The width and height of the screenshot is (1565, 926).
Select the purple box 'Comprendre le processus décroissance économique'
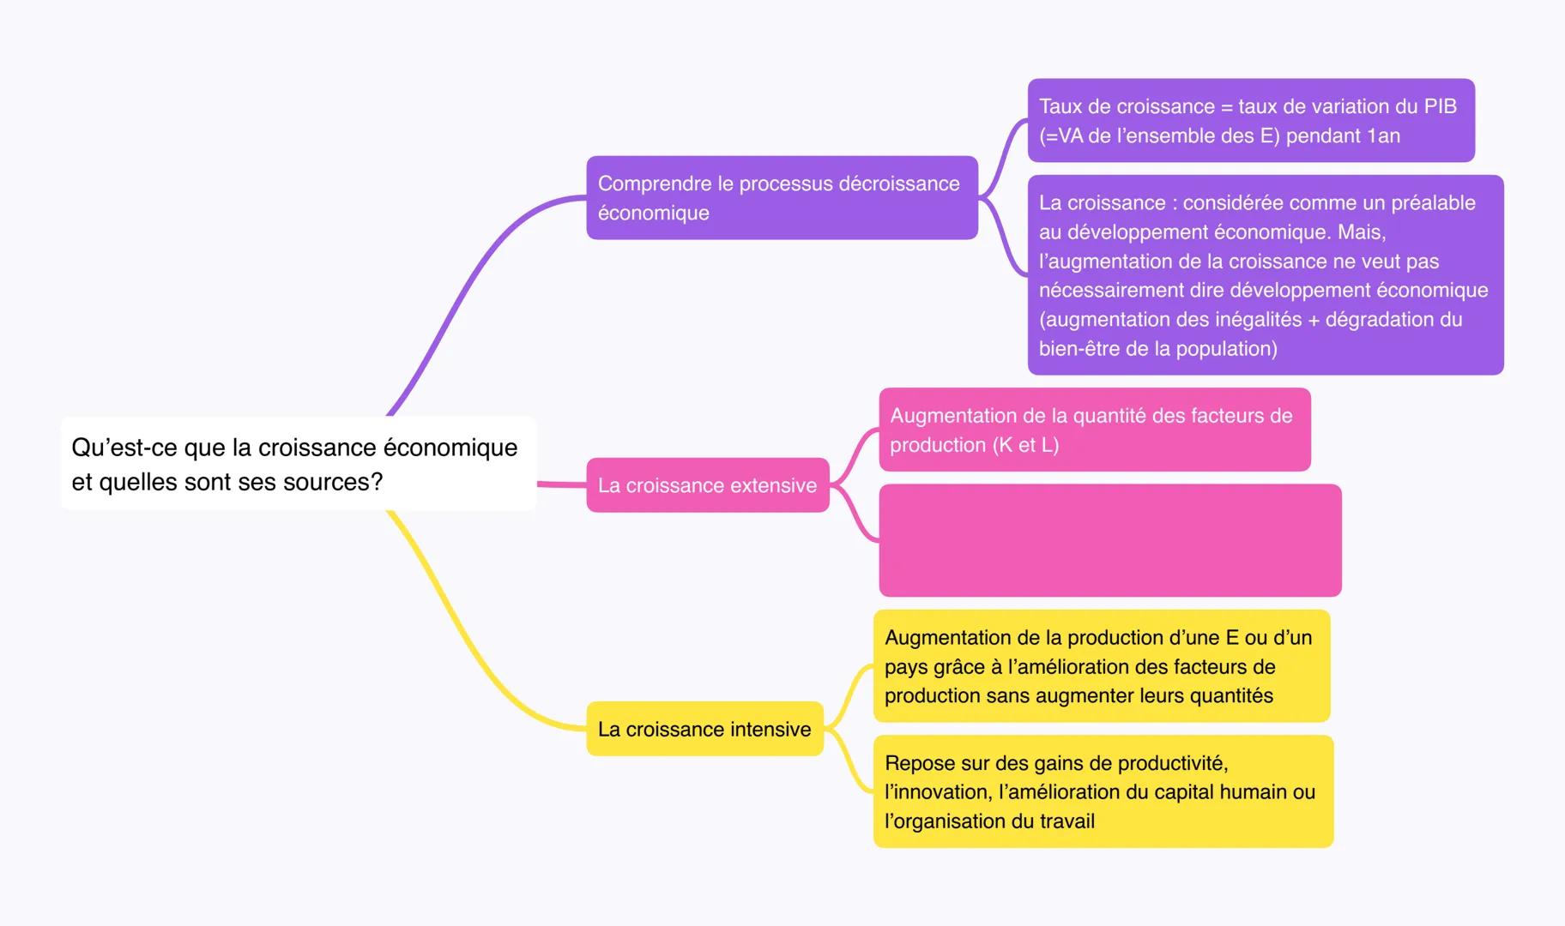point(782,197)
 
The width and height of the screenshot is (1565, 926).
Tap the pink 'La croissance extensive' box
point(707,485)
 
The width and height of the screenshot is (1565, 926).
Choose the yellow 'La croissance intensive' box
point(704,729)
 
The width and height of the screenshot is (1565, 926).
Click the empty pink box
point(1109,540)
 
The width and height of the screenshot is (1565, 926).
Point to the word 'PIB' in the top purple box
point(1439,106)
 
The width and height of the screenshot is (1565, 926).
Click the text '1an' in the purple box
point(1383,135)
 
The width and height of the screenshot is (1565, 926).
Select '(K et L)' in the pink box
point(1025,445)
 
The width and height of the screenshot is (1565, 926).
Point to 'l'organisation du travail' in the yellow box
point(989,821)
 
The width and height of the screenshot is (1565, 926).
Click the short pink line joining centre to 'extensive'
point(562,484)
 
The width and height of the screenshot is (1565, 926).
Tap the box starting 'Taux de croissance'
point(1250,120)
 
